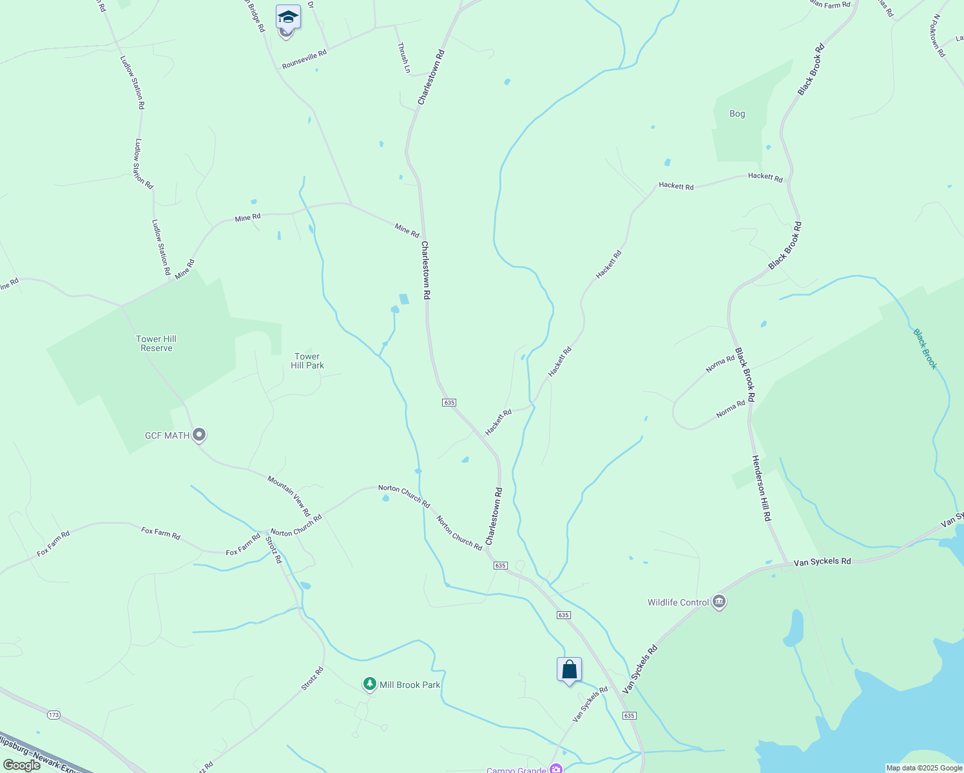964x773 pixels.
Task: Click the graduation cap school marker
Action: pos(288,17)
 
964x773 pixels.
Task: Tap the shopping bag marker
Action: pos(569,670)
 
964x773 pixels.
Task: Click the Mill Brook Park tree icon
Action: pos(369,684)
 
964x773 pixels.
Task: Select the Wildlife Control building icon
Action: pos(720,602)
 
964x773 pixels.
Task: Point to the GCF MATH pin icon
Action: pos(200,435)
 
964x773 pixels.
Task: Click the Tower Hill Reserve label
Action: pos(157,343)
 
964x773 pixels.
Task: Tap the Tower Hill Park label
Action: pos(307,361)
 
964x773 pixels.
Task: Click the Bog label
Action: pos(737,113)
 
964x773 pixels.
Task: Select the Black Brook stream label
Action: pos(925,349)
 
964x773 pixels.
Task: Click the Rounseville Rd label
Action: pos(304,60)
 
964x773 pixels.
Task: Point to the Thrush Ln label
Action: pos(404,57)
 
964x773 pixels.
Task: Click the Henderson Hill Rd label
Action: pos(761,488)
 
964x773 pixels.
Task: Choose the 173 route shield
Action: pos(53,715)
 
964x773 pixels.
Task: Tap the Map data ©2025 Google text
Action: pos(923,768)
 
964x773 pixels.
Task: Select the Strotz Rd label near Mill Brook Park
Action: pos(313,678)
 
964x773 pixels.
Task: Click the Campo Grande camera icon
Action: pos(555,768)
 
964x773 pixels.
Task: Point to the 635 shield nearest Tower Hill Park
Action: pos(449,403)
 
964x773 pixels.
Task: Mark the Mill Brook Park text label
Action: pos(410,685)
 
